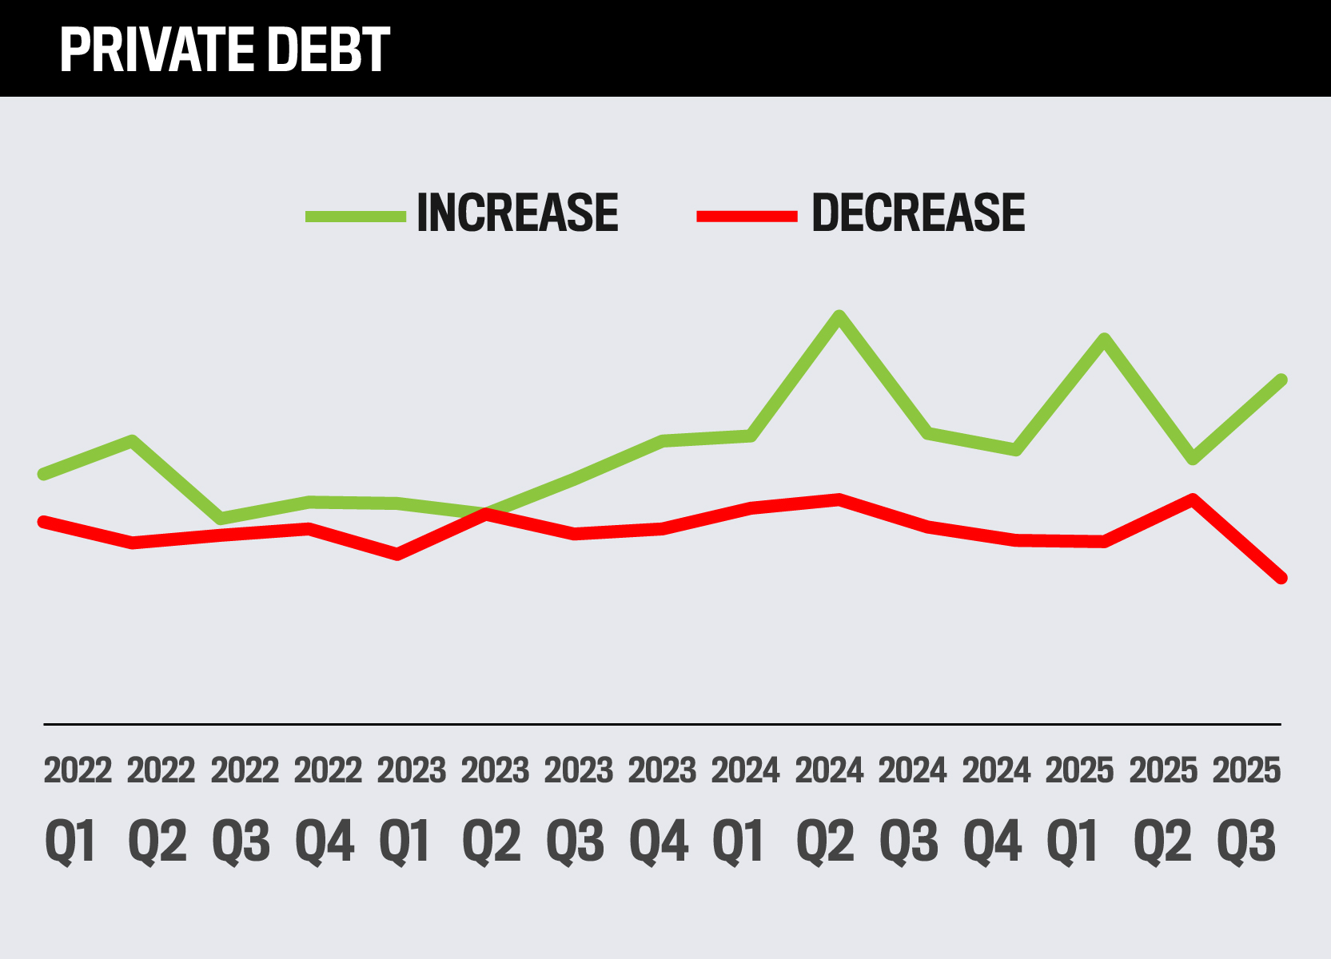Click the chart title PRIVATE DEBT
click(225, 50)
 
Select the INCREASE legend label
click(517, 213)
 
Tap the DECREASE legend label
click(918, 213)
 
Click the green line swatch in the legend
click(356, 216)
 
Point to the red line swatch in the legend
click(747, 216)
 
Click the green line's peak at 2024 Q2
click(839, 316)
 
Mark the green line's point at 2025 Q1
click(1105, 339)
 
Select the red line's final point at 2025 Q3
click(1281, 578)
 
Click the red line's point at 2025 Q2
click(1193, 499)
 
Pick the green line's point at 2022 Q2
click(132, 440)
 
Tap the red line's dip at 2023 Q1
click(397, 554)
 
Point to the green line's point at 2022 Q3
click(221, 519)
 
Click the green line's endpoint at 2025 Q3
click(1281, 380)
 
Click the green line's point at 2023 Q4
click(663, 440)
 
